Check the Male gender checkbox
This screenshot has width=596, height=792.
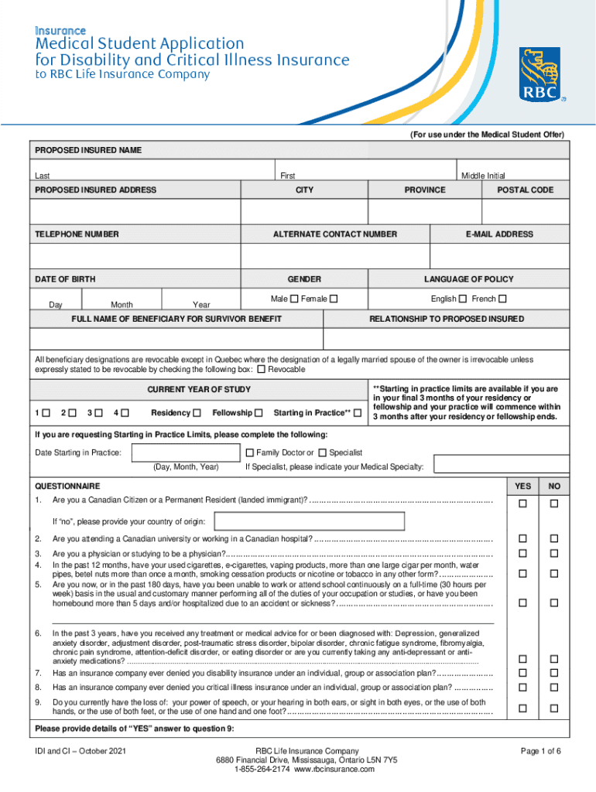pos(294,299)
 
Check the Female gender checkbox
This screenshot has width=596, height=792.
pos(334,299)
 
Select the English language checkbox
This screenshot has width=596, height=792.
pos(462,299)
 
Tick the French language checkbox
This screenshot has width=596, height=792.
pos(502,299)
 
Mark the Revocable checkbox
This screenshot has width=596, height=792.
pos(261,370)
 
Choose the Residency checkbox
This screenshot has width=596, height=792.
pos(197,412)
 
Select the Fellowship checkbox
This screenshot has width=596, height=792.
pos(258,412)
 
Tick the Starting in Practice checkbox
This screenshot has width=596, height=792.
pos(357,412)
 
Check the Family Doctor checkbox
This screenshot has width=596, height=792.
pos(249,452)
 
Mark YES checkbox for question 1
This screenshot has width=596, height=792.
pos(522,504)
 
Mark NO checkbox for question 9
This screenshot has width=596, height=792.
pos(553,708)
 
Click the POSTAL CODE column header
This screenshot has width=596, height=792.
pos(525,190)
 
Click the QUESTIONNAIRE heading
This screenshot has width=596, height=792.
pos(67,486)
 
